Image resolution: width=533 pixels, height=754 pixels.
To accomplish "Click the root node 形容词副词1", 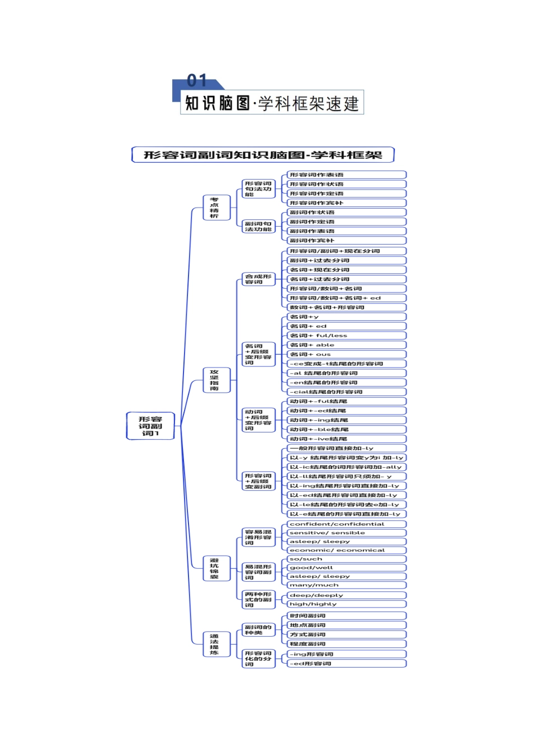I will (150, 426).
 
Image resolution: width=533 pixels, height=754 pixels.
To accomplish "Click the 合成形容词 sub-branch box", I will (258, 279).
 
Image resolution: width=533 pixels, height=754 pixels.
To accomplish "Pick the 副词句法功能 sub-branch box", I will (258, 226).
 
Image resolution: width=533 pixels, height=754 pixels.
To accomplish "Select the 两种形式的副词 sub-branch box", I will (258, 599).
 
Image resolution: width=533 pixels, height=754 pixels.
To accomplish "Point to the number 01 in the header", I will (197, 81).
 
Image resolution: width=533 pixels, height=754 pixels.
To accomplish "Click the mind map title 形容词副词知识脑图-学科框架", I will (263, 155).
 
